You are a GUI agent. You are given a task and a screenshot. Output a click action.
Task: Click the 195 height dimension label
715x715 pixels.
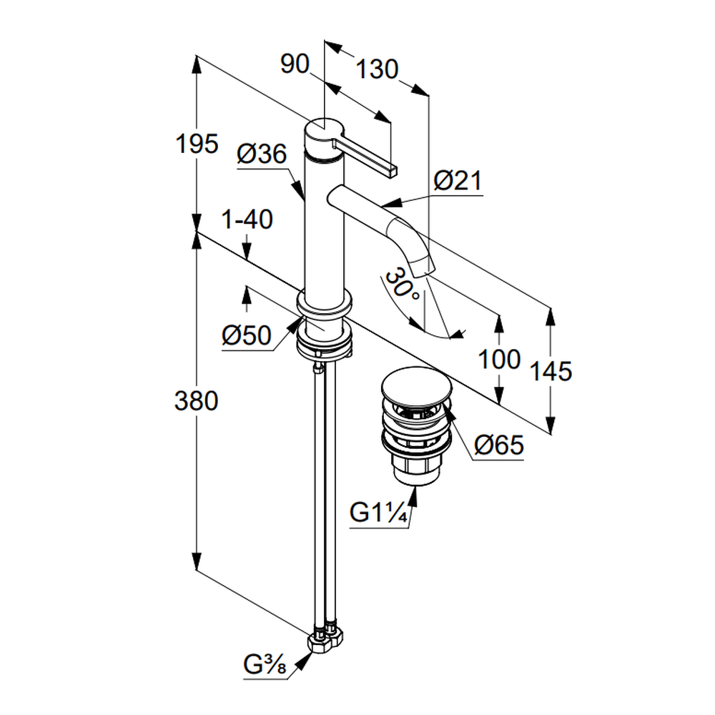(x=197, y=144)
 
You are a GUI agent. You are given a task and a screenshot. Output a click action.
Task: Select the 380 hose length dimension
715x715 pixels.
(x=197, y=402)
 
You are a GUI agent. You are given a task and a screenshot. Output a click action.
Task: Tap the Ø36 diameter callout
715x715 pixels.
(x=262, y=154)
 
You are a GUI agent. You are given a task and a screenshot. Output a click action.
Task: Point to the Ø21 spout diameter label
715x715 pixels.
(x=458, y=181)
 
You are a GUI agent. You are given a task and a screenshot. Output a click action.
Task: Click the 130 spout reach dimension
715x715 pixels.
(x=376, y=70)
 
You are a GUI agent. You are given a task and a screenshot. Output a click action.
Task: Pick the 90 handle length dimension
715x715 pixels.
(x=294, y=65)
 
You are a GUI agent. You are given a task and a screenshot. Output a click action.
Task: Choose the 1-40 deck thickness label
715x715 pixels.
(x=247, y=220)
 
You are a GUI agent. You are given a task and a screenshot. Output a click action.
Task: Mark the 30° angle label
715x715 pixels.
(x=401, y=285)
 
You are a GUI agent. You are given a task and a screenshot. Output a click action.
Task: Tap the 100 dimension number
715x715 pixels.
(x=500, y=360)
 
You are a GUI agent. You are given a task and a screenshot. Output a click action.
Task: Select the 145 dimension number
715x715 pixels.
(x=551, y=371)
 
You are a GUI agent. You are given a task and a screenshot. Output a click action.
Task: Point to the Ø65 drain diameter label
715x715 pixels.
(x=499, y=445)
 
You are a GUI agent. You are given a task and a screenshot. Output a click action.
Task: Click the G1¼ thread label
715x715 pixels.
(x=379, y=514)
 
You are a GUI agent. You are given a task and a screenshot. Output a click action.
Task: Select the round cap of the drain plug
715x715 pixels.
(x=418, y=387)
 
